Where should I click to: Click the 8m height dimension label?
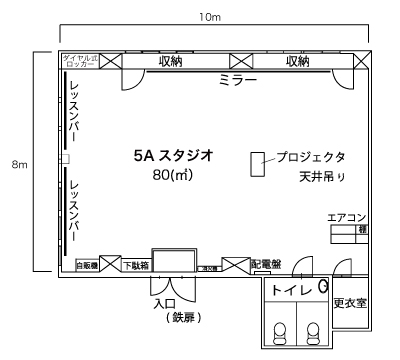[x=19, y=164]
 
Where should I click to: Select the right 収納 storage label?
[x=297, y=61]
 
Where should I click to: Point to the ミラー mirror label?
[x=237, y=79]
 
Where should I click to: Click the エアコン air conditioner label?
[x=346, y=217]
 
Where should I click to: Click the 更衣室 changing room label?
[x=347, y=302]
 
